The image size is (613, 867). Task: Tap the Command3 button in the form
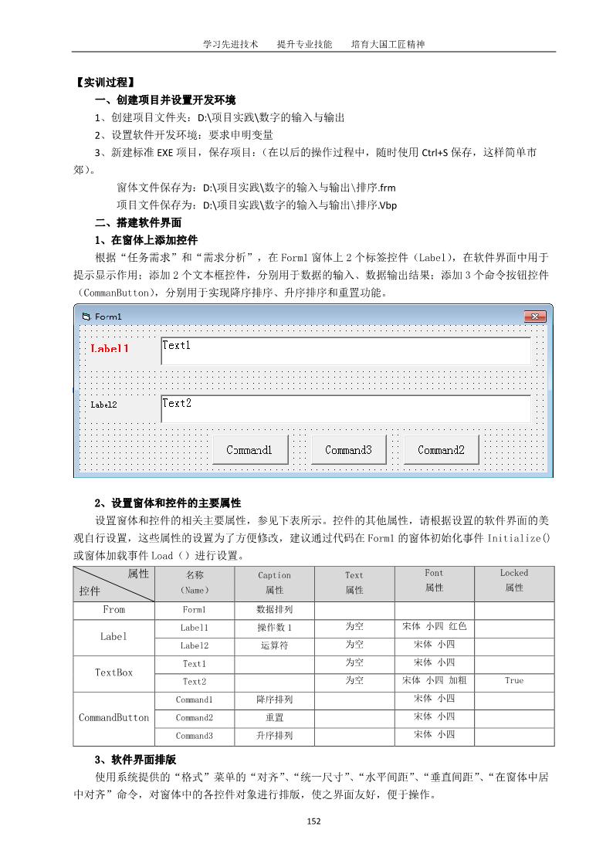(x=348, y=450)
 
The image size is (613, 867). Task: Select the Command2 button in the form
(x=441, y=450)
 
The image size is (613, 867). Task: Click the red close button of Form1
(x=534, y=317)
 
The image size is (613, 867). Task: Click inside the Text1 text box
(x=345, y=351)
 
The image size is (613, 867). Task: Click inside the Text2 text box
(x=345, y=408)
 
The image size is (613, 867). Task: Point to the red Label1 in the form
(x=110, y=348)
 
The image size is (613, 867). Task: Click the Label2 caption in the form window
(x=103, y=405)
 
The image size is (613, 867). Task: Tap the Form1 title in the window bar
(x=108, y=317)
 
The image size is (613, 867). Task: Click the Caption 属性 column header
(x=274, y=583)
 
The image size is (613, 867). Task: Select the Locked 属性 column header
(x=513, y=581)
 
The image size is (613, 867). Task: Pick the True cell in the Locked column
(x=513, y=681)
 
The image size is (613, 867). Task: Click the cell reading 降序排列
(x=274, y=699)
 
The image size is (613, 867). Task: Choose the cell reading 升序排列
(x=274, y=736)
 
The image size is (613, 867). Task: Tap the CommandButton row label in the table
(x=113, y=718)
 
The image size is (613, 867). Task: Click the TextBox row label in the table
(x=113, y=672)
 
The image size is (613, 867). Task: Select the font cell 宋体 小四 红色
(x=434, y=626)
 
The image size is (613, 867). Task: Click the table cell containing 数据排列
(x=274, y=610)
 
